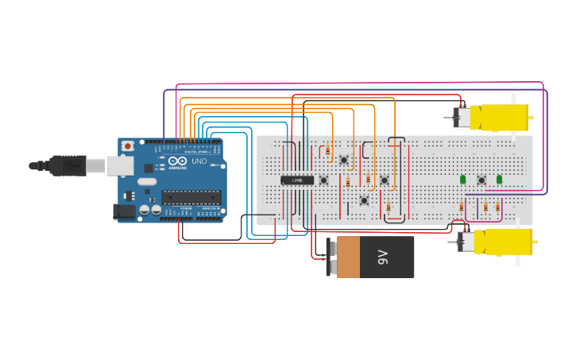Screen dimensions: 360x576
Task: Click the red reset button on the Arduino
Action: coord(127,145)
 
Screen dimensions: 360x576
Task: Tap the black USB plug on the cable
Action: coord(68,165)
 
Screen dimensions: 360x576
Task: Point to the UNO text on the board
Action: coord(199,161)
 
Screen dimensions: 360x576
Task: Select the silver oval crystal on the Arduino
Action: coord(147,181)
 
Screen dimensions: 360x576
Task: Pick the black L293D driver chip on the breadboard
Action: coord(298,180)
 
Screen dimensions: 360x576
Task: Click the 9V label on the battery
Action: coord(382,257)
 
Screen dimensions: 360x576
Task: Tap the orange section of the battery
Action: coord(348,257)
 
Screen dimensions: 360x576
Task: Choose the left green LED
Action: coord(463,180)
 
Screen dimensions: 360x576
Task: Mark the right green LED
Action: coord(499,180)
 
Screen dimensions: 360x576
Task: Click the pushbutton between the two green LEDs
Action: coord(481,180)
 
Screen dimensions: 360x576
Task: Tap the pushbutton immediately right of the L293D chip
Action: coord(323,180)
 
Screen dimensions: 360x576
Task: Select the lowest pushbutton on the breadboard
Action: coord(364,200)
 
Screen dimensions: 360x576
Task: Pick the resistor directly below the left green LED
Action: coord(462,207)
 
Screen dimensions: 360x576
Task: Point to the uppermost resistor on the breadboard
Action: coord(327,150)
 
